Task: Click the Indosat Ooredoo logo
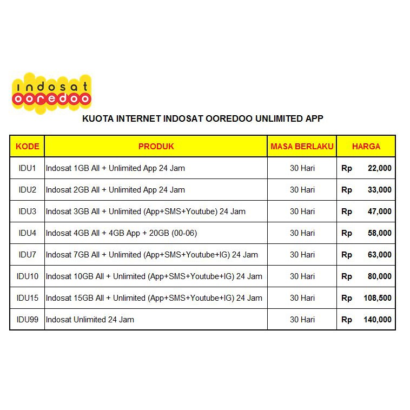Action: coord(51,93)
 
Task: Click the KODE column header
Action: coord(27,146)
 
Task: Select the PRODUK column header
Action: coord(156,146)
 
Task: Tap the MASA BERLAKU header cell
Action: coord(302,146)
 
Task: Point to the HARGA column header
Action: coord(366,146)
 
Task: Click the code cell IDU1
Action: coord(27,168)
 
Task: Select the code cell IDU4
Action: coord(27,233)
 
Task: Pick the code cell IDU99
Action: coord(27,320)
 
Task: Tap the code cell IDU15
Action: coord(27,298)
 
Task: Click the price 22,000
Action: coord(379,168)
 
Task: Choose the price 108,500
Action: coord(377,298)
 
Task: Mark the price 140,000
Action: coord(377,320)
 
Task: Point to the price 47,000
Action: coord(379,211)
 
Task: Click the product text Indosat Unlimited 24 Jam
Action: coord(90,320)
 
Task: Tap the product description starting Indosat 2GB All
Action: coord(115,190)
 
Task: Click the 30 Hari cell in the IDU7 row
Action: coord(302,255)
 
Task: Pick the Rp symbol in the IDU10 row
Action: coord(347,276)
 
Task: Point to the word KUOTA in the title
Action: coord(95,118)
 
